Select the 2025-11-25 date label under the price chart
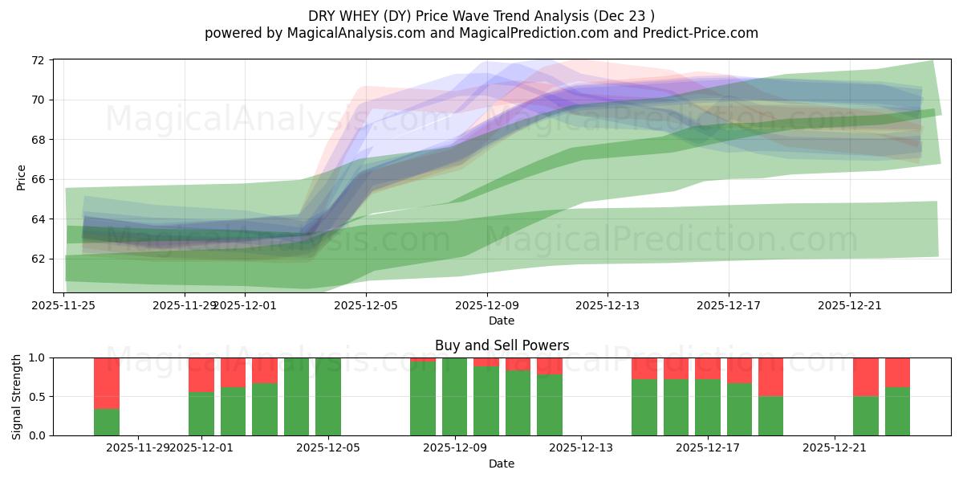[65, 305]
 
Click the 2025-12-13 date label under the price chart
[607, 305]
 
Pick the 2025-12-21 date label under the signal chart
[835, 447]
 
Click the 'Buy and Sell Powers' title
[502, 345]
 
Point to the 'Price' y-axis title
[22, 177]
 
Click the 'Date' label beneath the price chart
[502, 321]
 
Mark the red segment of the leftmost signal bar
[107, 383]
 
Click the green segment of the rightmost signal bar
[898, 411]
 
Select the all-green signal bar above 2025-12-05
[328, 397]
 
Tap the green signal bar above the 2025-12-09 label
[455, 397]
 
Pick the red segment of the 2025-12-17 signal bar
[708, 368]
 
